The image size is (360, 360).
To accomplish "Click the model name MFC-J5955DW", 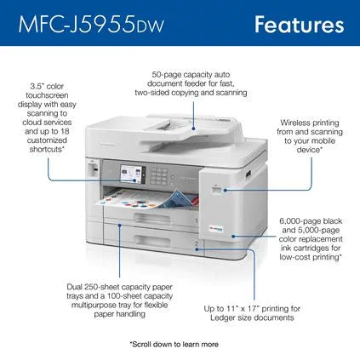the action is coord(91,25).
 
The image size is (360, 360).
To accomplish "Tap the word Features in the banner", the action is coord(299,25).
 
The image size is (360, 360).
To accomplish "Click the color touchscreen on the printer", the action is coord(131,174).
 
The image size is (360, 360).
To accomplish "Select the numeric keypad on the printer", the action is coord(158,176).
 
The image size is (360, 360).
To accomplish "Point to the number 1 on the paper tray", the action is coord(197,220).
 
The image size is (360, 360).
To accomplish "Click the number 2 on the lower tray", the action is coord(197,243).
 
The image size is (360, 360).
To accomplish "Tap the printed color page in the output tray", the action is coord(147,199).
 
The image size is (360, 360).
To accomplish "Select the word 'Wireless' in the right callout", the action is coord(295,123).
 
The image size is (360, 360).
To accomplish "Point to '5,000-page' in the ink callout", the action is coord(318,230).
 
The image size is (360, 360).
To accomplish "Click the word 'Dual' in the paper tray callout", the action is coord(75,287).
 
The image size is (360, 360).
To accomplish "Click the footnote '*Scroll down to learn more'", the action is coord(174,345).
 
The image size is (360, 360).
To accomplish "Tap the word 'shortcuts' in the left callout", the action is coord(45,149).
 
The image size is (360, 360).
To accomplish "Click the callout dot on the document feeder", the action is coord(194,129).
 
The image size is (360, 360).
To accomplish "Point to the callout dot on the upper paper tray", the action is coord(120,226).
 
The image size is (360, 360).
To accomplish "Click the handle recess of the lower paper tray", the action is coord(152,240).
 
